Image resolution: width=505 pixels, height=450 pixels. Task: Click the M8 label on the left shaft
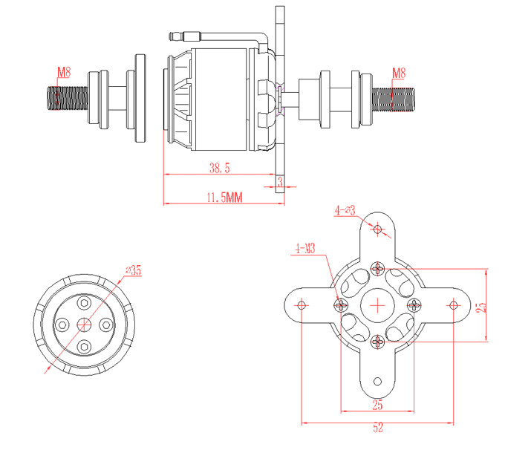(x=64, y=72)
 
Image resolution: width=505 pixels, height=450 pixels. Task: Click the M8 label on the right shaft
(x=398, y=72)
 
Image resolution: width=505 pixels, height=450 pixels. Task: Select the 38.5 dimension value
(x=220, y=169)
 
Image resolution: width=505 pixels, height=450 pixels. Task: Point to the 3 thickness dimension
(x=280, y=180)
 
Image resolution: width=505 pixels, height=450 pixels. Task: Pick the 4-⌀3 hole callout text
(x=345, y=210)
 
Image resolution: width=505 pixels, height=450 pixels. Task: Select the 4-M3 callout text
(x=305, y=248)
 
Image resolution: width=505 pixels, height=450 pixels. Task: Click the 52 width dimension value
(x=378, y=428)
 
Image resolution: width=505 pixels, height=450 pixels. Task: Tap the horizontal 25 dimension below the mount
(x=377, y=405)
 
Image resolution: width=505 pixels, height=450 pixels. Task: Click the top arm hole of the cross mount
(x=378, y=229)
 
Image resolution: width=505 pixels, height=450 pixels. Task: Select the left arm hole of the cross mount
(x=302, y=304)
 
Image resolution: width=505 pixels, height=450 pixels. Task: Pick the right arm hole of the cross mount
(x=454, y=304)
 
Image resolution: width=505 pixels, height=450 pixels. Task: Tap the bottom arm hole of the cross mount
(x=378, y=381)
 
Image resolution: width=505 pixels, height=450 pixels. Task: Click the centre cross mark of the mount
(x=378, y=304)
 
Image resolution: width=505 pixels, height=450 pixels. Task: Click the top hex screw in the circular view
(x=85, y=302)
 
